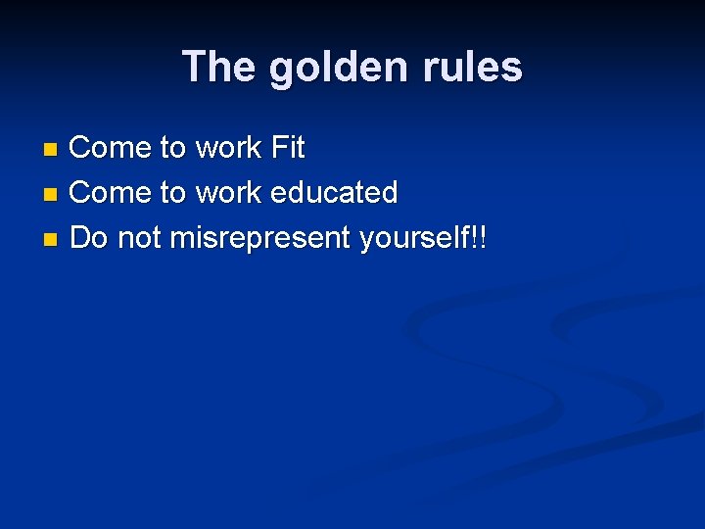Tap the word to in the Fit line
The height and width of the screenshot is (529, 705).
point(172,148)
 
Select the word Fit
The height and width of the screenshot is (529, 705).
point(288,148)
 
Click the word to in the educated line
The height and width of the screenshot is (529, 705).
point(172,192)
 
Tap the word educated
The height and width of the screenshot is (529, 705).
point(334,192)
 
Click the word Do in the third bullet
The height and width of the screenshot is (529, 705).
point(89,236)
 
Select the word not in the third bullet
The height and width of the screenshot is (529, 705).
point(139,236)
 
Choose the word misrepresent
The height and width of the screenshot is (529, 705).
point(260,238)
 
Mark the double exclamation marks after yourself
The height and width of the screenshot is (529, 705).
point(479,236)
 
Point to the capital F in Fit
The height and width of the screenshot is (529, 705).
point(277,148)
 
